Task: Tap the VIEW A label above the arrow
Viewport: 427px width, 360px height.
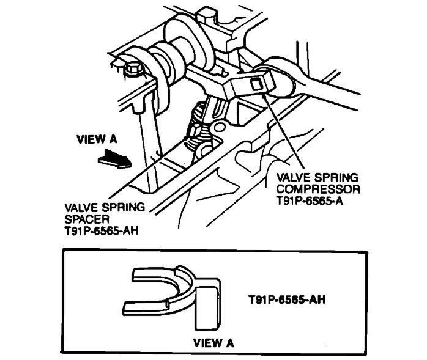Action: point(97,139)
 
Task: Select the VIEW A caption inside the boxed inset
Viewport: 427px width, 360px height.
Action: point(213,343)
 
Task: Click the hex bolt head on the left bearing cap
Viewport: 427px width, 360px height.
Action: point(132,72)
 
